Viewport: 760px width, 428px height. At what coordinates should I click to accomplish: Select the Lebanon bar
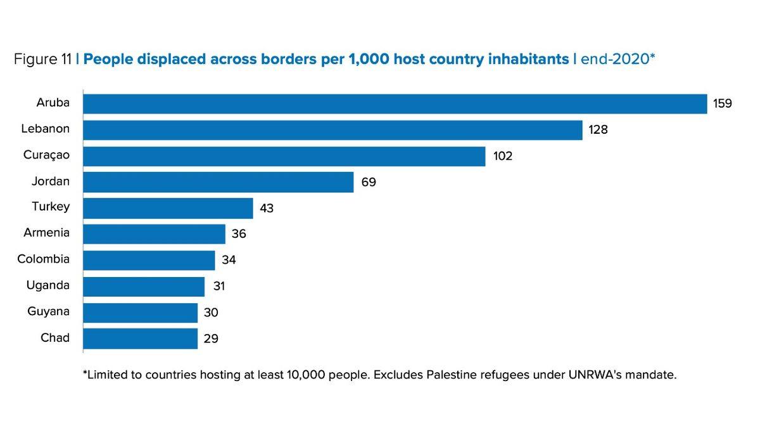(x=332, y=130)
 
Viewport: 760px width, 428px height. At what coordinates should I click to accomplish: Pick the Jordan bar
(x=218, y=182)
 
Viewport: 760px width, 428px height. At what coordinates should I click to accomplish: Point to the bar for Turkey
(x=168, y=208)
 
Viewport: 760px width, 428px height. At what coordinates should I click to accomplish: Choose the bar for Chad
(x=140, y=339)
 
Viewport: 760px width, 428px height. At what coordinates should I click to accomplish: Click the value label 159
(x=723, y=103)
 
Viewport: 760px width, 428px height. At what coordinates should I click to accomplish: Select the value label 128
(x=598, y=130)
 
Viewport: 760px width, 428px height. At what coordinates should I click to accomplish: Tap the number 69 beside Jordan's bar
(x=369, y=183)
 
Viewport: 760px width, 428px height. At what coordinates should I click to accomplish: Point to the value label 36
(x=239, y=235)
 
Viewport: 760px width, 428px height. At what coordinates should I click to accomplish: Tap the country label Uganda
(x=48, y=285)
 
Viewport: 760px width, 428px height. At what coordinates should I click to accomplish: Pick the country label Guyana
(x=49, y=311)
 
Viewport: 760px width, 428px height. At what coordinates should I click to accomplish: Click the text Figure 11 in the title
(x=42, y=60)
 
